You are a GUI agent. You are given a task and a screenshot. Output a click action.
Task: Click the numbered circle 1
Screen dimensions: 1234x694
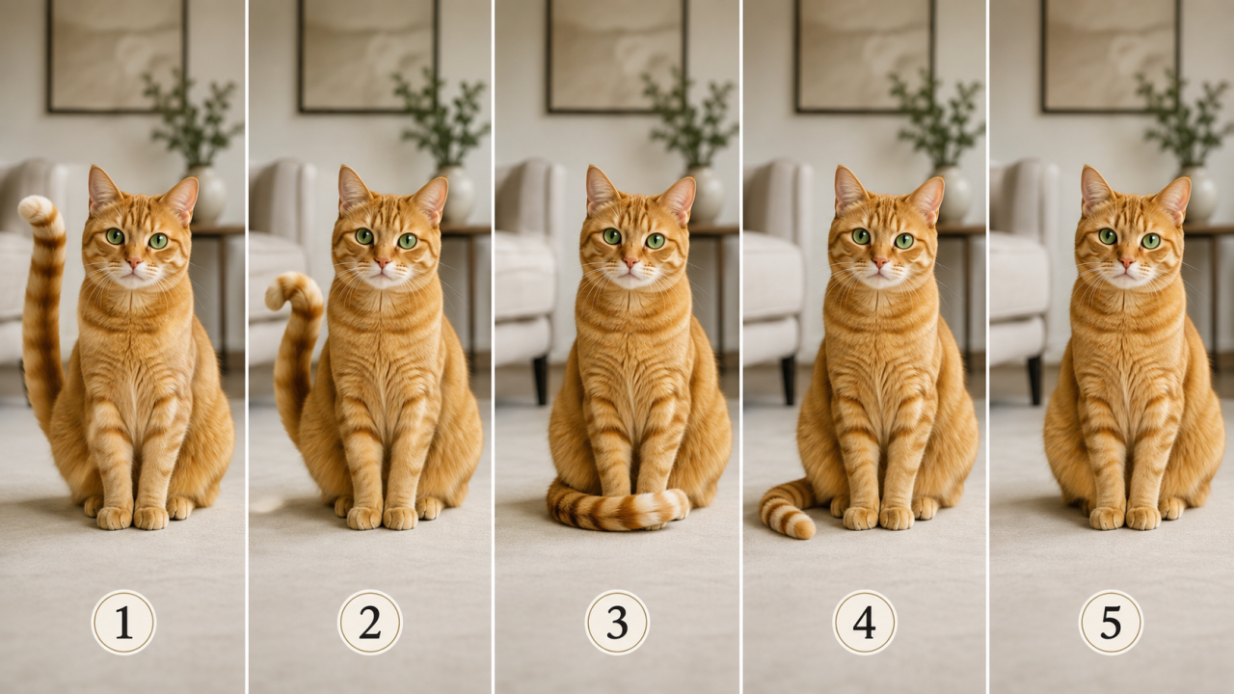(123, 623)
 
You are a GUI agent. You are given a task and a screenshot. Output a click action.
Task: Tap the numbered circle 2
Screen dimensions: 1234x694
(369, 623)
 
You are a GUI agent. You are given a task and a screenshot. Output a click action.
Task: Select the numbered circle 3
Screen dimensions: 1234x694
(617, 623)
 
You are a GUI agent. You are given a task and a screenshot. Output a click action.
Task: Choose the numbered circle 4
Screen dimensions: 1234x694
(865, 623)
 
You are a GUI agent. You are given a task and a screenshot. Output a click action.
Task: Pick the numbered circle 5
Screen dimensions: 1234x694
(1111, 623)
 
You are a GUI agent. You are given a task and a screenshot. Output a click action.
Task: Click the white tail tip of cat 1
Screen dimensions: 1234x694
(32, 208)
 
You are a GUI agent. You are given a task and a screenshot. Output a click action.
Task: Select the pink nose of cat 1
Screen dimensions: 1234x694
(134, 261)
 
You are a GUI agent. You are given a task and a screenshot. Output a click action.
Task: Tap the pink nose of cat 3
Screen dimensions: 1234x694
(630, 261)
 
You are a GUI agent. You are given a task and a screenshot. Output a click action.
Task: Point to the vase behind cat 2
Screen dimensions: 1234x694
(460, 195)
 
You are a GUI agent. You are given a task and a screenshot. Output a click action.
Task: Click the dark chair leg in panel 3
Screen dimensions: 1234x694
(541, 380)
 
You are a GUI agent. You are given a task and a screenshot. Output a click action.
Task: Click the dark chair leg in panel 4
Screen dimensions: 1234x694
(789, 380)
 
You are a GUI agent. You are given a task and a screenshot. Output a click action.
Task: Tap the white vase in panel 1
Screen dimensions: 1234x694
(210, 195)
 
